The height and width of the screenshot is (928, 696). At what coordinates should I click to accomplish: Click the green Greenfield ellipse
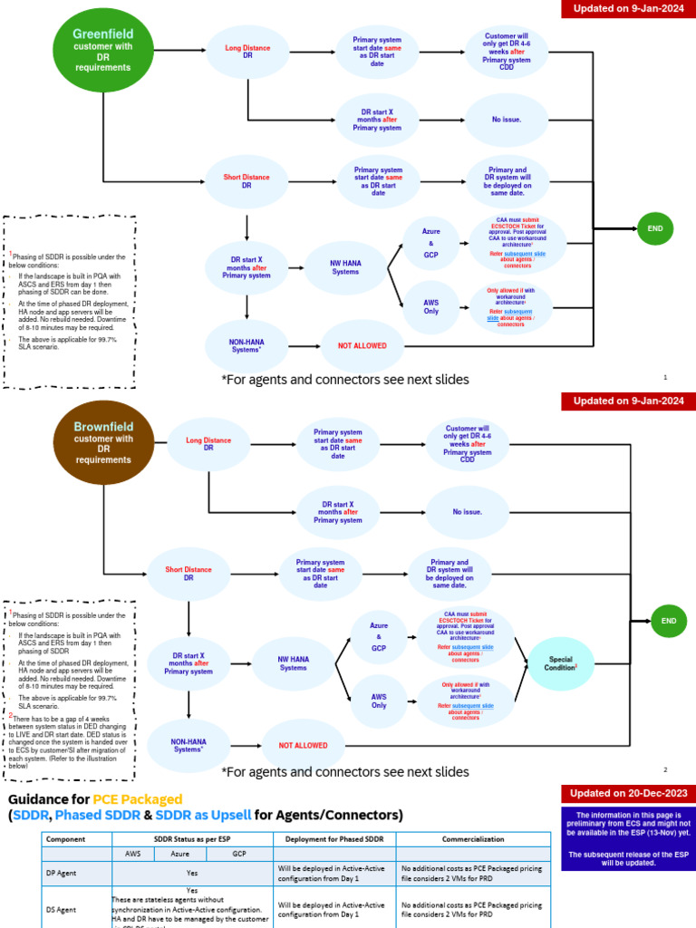point(104,50)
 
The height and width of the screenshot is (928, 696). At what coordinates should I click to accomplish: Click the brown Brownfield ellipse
point(104,442)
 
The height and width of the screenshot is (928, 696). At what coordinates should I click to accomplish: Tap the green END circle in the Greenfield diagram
point(655,229)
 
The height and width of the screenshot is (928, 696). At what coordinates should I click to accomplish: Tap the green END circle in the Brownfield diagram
point(669,621)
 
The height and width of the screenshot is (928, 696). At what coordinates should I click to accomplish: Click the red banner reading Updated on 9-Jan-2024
point(628,10)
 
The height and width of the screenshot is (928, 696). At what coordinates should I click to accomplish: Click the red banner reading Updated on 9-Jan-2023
point(628,401)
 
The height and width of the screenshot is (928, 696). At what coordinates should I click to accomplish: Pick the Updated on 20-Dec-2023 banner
point(628,792)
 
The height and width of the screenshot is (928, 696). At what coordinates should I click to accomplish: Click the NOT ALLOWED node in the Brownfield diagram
point(303,745)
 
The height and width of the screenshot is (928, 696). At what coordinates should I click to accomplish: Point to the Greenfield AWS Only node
point(431,305)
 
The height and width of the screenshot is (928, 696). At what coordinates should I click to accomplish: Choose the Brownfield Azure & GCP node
point(379,637)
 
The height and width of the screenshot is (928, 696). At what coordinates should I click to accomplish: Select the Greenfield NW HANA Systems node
point(345,266)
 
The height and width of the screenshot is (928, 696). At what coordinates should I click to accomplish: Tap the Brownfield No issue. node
point(468,511)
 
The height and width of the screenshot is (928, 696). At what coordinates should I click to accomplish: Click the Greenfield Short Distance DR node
point(246,180)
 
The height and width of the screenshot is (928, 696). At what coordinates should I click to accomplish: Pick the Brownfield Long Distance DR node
point(208,444)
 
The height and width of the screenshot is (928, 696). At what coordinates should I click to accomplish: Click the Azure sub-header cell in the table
point(180,854)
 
